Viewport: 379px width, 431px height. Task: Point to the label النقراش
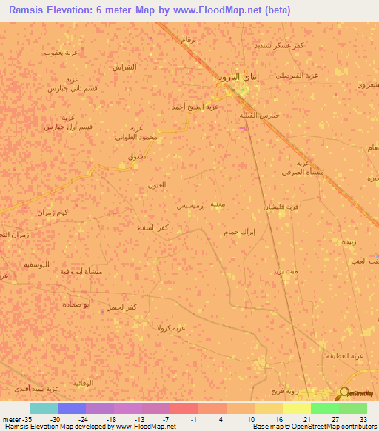click(x=124, y=67)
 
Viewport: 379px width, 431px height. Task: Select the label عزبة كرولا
click(x=179, y=327)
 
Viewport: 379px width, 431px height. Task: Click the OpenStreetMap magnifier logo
click(x=344, y=393)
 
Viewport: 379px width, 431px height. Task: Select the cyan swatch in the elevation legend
click(x=43, y=408)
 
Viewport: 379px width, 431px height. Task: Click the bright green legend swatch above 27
click(x=324, y=408)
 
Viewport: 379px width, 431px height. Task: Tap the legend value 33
click(x=362, y=418)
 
